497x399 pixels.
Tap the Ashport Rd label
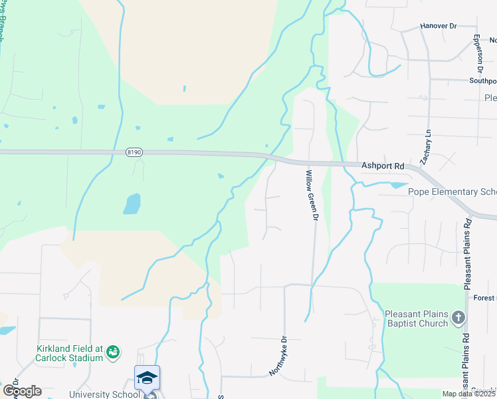coord(383,166)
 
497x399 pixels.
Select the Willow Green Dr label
coord(312,196)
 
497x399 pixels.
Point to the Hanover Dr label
coord(439,26)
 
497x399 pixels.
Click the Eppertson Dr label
coord(478,53)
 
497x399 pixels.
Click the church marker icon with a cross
coord(458,318)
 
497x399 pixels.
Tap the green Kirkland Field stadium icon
coord(113,350)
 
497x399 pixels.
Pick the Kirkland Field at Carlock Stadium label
coord(70,353)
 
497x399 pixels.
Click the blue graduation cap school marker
coord(147,378)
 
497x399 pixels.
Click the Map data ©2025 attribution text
coord(468,394)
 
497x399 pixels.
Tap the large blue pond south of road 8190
coord(132,203)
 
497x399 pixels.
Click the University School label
coord(104,394)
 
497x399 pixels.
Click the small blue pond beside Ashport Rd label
coord(397,184)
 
